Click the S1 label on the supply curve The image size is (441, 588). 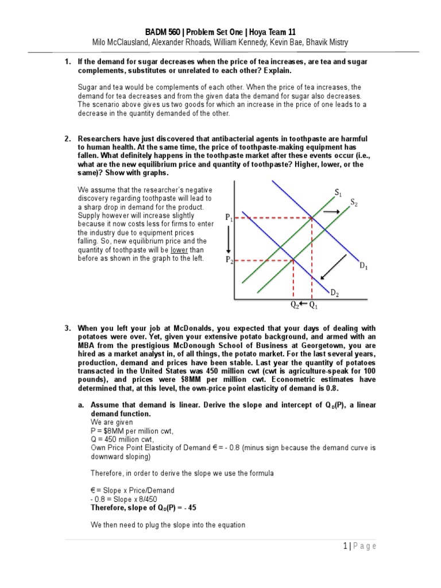coord(338,192)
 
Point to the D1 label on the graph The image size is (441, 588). coord(364,265)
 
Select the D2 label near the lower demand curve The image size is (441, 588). coord(334,293)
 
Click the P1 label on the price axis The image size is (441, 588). coord(229,218)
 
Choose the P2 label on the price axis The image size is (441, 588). coord(229,260)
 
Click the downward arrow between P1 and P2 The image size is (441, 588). coord(229,239)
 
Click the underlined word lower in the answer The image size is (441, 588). coord(179,250)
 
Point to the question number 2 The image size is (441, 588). coord(67,140)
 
